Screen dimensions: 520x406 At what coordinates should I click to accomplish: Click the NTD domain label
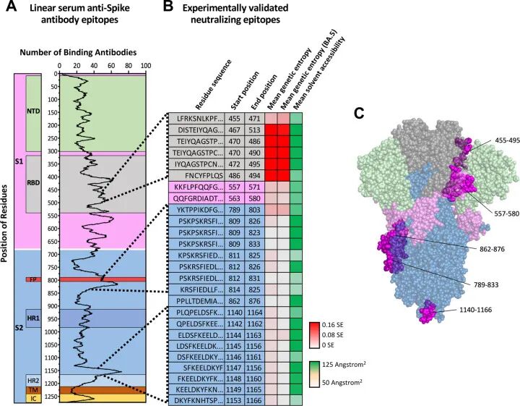pyautogui.click(x=33, y=111)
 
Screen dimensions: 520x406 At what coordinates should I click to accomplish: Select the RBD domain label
pyautogui.click(x=33, y=182)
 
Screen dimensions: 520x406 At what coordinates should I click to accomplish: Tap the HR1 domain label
pyautogui.click(x=33, y=318)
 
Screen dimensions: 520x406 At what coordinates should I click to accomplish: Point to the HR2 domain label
pyautogui.click(x=33, y=380)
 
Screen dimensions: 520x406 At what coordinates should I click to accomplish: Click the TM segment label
pyautogui.click(x=33, y=390)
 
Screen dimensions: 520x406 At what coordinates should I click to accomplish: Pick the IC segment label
pyautogui.click(x=33, y=398)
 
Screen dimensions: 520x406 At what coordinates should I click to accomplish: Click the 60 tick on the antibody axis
pyautogui.click(x=111, y=65)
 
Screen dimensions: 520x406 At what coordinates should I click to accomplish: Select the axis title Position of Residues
pyautogui.click(x=4, y=224)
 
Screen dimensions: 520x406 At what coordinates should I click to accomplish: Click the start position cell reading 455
pyautogui.click(x=234, y=118)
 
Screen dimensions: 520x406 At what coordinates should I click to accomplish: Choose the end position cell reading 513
pyautogui.click(x=254, y=130)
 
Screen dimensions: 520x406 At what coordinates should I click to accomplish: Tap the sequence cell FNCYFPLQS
pyautogui.click(x=196, y=175)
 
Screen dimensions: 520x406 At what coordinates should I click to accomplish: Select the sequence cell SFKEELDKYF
pyautogui.click(x=196, y=368)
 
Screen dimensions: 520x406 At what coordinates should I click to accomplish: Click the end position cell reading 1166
pyautogui.click(x=254, y=400)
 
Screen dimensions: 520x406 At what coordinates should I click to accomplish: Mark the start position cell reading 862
pyautogui.click(x=234, y=301)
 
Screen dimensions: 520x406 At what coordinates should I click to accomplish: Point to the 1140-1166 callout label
pyautogui.click(x=475, y=310)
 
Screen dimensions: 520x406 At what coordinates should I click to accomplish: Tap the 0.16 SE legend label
pyautogui.click(x=333, y=325)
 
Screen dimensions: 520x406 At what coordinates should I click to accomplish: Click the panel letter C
pyautogui.click(x=359, y=114)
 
